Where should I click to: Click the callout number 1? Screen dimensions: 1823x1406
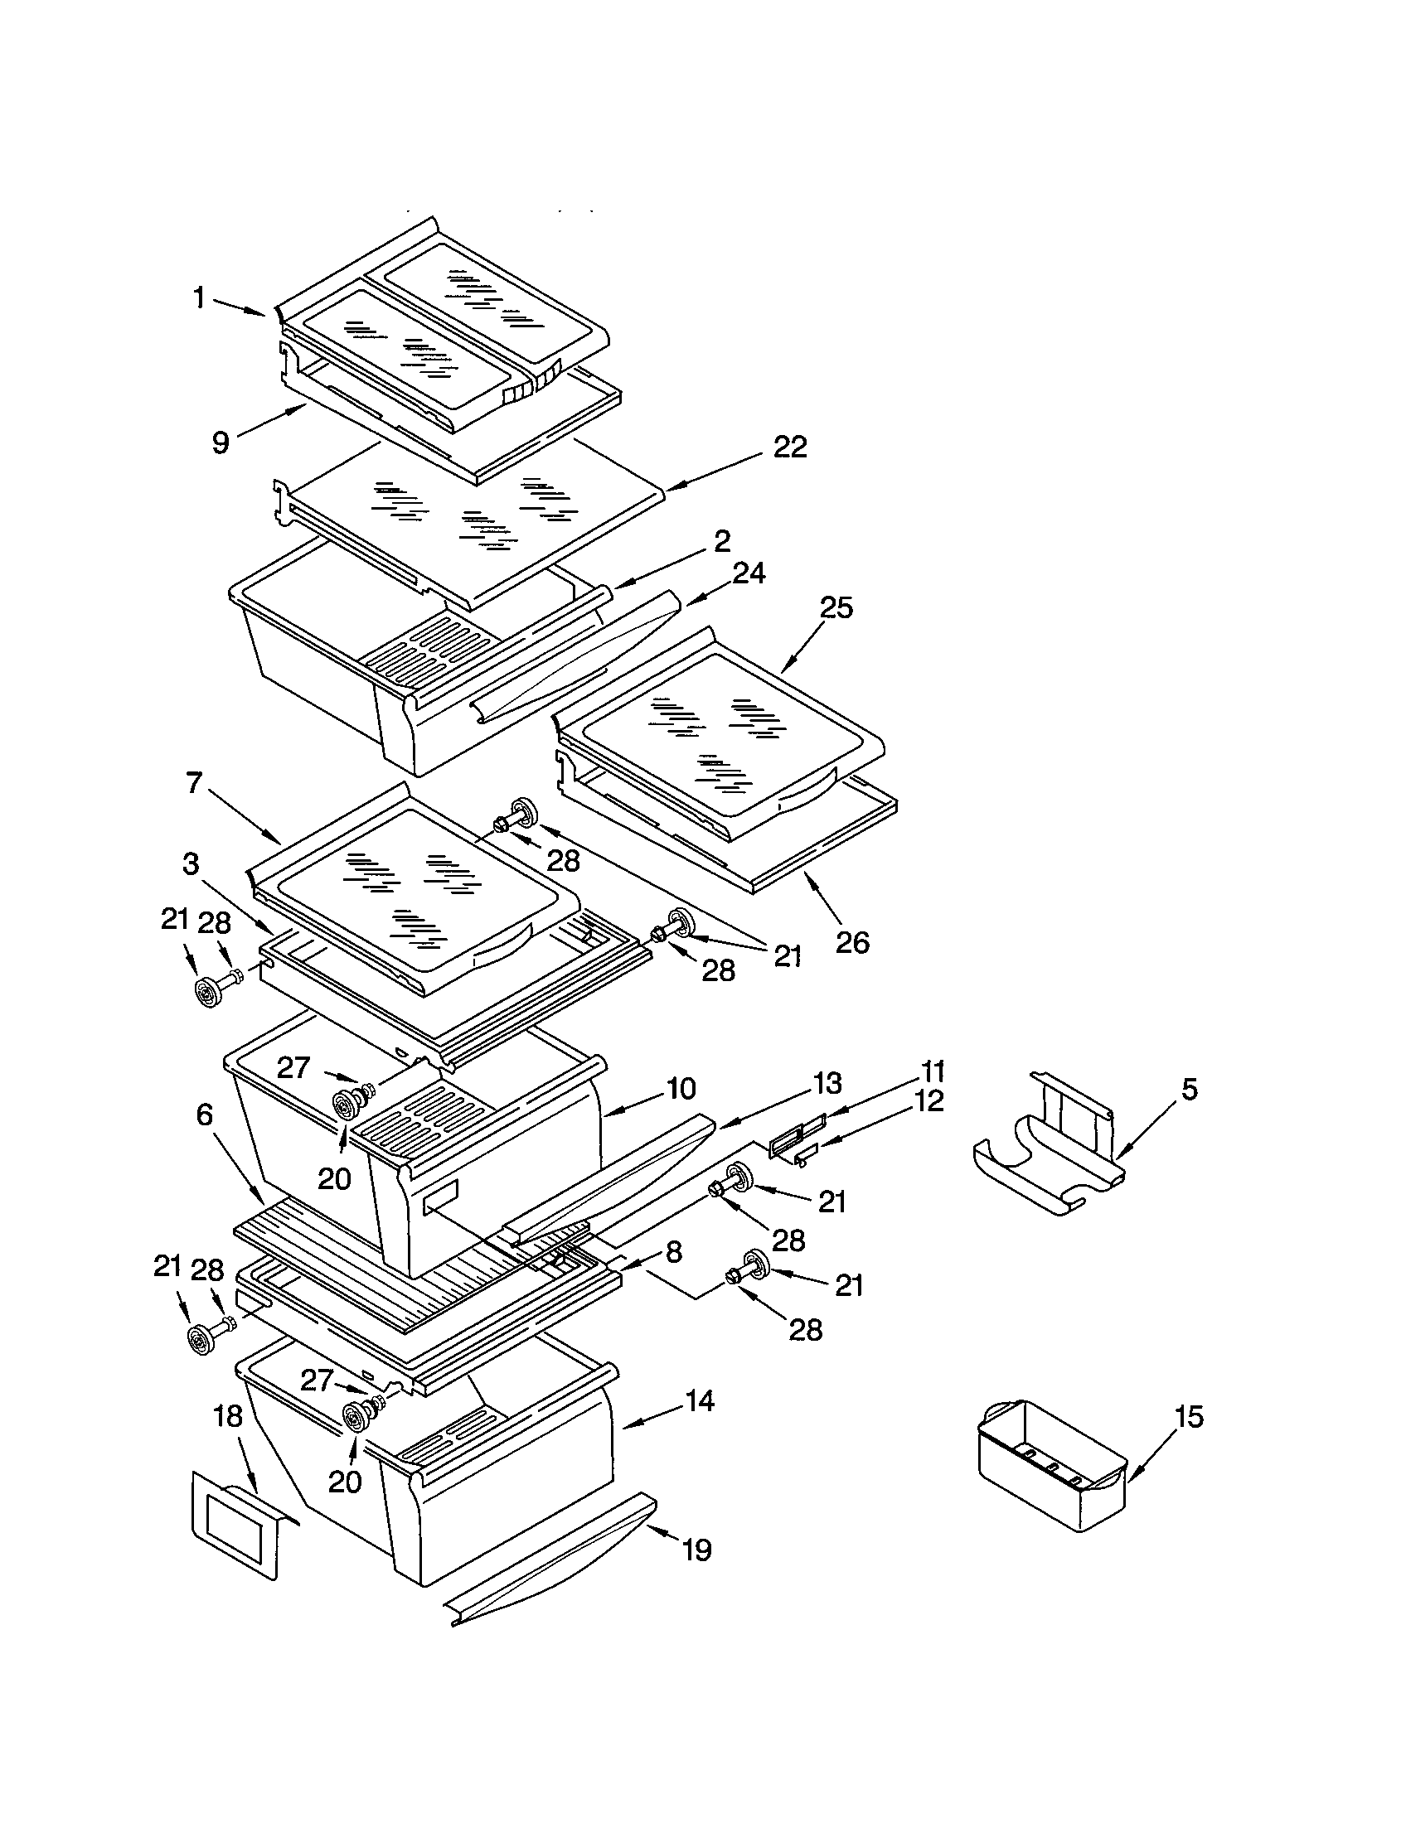coord(199,298)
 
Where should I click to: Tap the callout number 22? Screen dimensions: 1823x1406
coord(790,447)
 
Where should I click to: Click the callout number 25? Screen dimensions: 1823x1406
coord(836,607)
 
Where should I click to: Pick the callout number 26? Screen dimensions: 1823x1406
coord(852,942)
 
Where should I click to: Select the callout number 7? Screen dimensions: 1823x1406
coord(194,785)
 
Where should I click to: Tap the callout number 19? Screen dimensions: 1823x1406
coord(696,1550)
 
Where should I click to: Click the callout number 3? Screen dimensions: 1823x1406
coord(192,864)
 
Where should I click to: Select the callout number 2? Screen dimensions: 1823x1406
coord(721,542)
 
